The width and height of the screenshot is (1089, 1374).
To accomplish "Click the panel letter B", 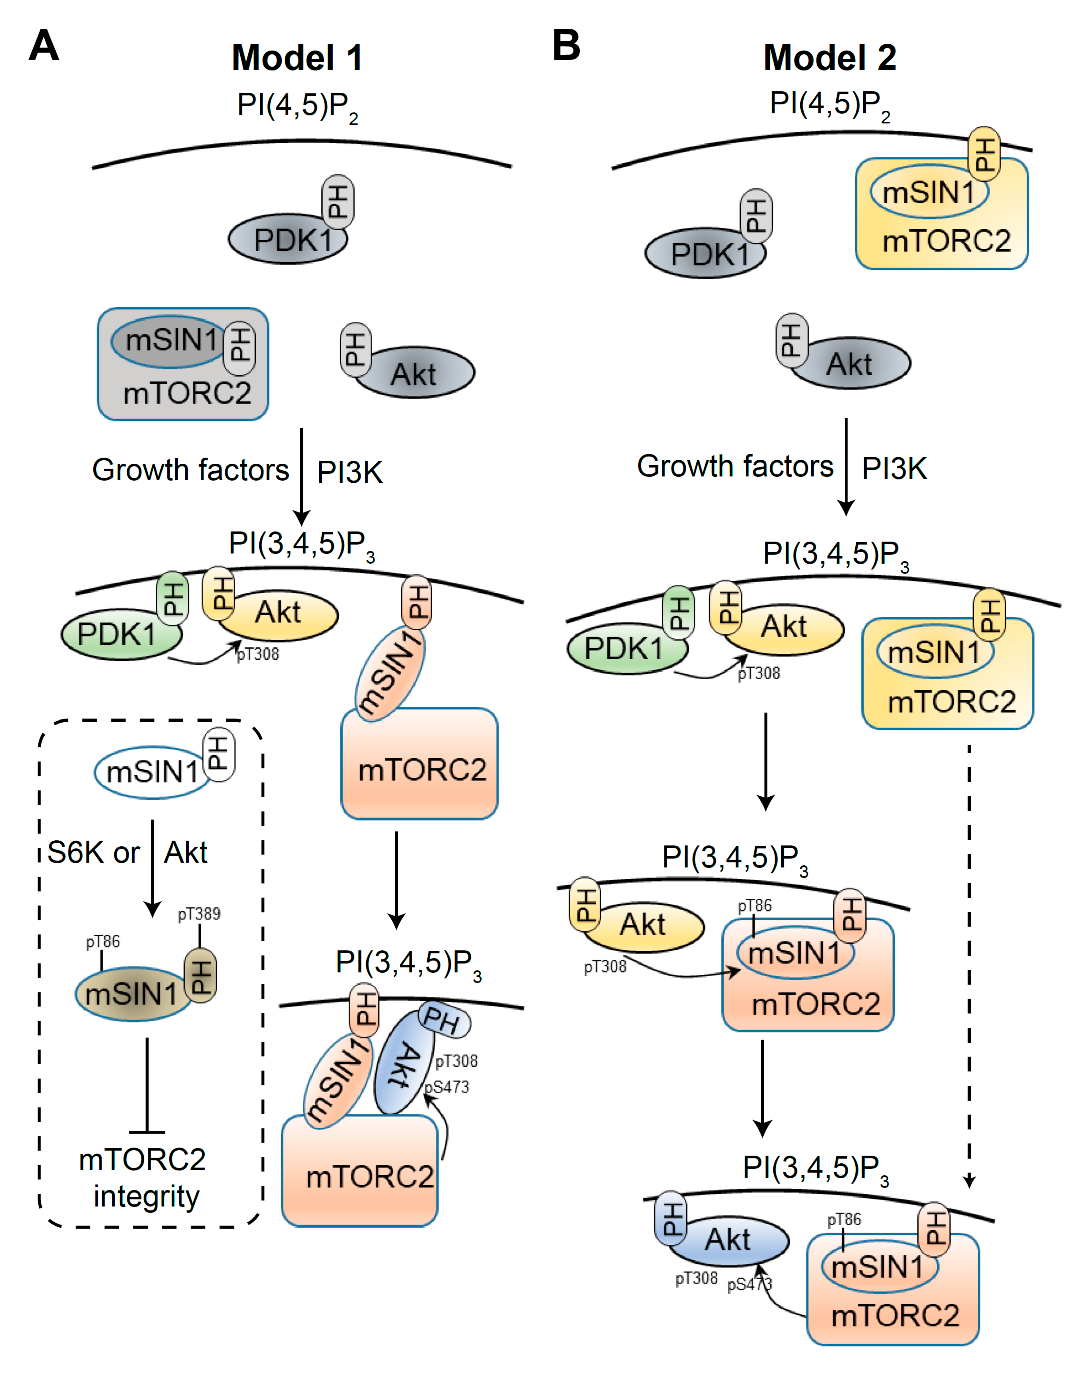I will point(565,46).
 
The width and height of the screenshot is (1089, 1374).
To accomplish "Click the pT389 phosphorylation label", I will point(199,914).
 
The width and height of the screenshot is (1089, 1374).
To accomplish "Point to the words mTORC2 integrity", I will point(143,1178).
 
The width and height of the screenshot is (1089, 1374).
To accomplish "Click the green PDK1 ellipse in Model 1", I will point(118,634).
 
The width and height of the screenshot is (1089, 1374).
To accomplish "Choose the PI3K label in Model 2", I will point(894,468).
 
